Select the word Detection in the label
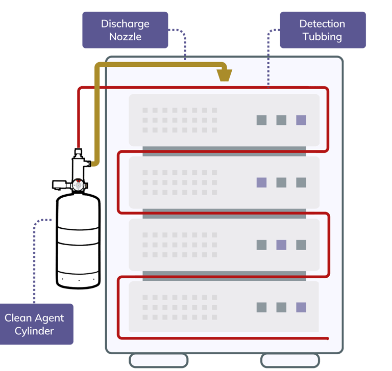coord(322,24)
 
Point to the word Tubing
coord(322,37)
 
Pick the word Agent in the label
coord(50,318)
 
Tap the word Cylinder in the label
coord(34,331)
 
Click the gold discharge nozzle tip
coord(224,75)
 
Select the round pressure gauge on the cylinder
coord(78,185)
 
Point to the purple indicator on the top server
coord(301,120)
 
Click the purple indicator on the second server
coord(261,182)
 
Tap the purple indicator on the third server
coord(281,245)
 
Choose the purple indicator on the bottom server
coord(301,307)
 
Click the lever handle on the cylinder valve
coord(60,183)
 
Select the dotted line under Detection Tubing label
coord(268,59)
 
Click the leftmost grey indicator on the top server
coord(261,120)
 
